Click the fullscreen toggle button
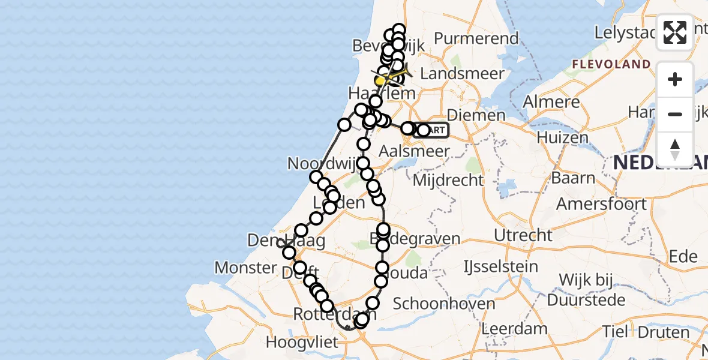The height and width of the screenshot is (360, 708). [675, 32]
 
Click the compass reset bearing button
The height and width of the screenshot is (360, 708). [675, 149]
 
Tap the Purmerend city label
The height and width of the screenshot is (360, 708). [476, 38]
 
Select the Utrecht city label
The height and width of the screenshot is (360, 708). [520, 235]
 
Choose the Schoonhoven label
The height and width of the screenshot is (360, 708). [444, 303]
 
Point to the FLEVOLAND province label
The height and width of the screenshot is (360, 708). [611, 64]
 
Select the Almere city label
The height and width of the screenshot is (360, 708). [551, 102]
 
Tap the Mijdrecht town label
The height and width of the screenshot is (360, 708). [449, 179]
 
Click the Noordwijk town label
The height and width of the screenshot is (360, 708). [318, 163]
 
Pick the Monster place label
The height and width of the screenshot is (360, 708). [245, 267]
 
